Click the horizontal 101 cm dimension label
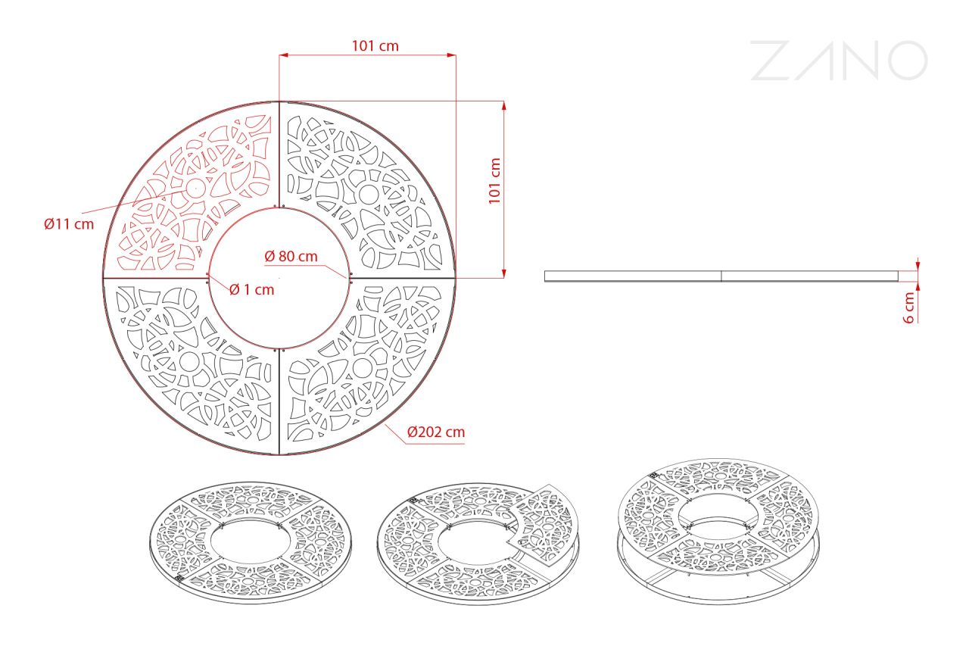point(375,46)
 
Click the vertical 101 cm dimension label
point(494,181)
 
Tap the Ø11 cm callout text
point(69,224)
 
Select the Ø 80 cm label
point(291,256)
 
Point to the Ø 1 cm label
point(252,289)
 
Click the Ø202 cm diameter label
point(436,432)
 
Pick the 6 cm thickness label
point(909,307)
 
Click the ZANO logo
point(840,61)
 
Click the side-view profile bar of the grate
point(721,276)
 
